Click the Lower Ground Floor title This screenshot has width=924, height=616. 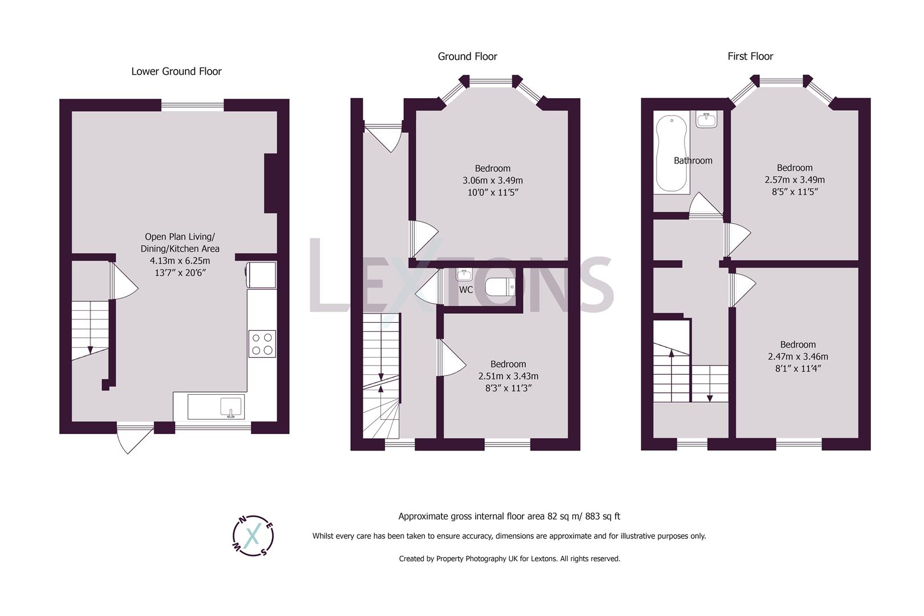pos(176,71)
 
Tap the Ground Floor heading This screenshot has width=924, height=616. pos(467,56)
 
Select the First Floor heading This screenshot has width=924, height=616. pos(750,56)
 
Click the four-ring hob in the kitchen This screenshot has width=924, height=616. pos(262,344)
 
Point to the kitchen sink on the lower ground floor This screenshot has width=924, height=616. pos(231,407)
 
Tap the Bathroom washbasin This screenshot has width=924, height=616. pos(706,120)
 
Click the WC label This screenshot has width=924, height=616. pos(466,290)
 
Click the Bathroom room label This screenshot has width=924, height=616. pos(693,161)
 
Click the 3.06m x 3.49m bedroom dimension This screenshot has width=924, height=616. pos(492,180)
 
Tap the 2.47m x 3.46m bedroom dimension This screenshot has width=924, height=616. pos(798,356)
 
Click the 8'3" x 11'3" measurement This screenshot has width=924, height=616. pos(508,388)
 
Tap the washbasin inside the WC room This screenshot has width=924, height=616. pos(464,275)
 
